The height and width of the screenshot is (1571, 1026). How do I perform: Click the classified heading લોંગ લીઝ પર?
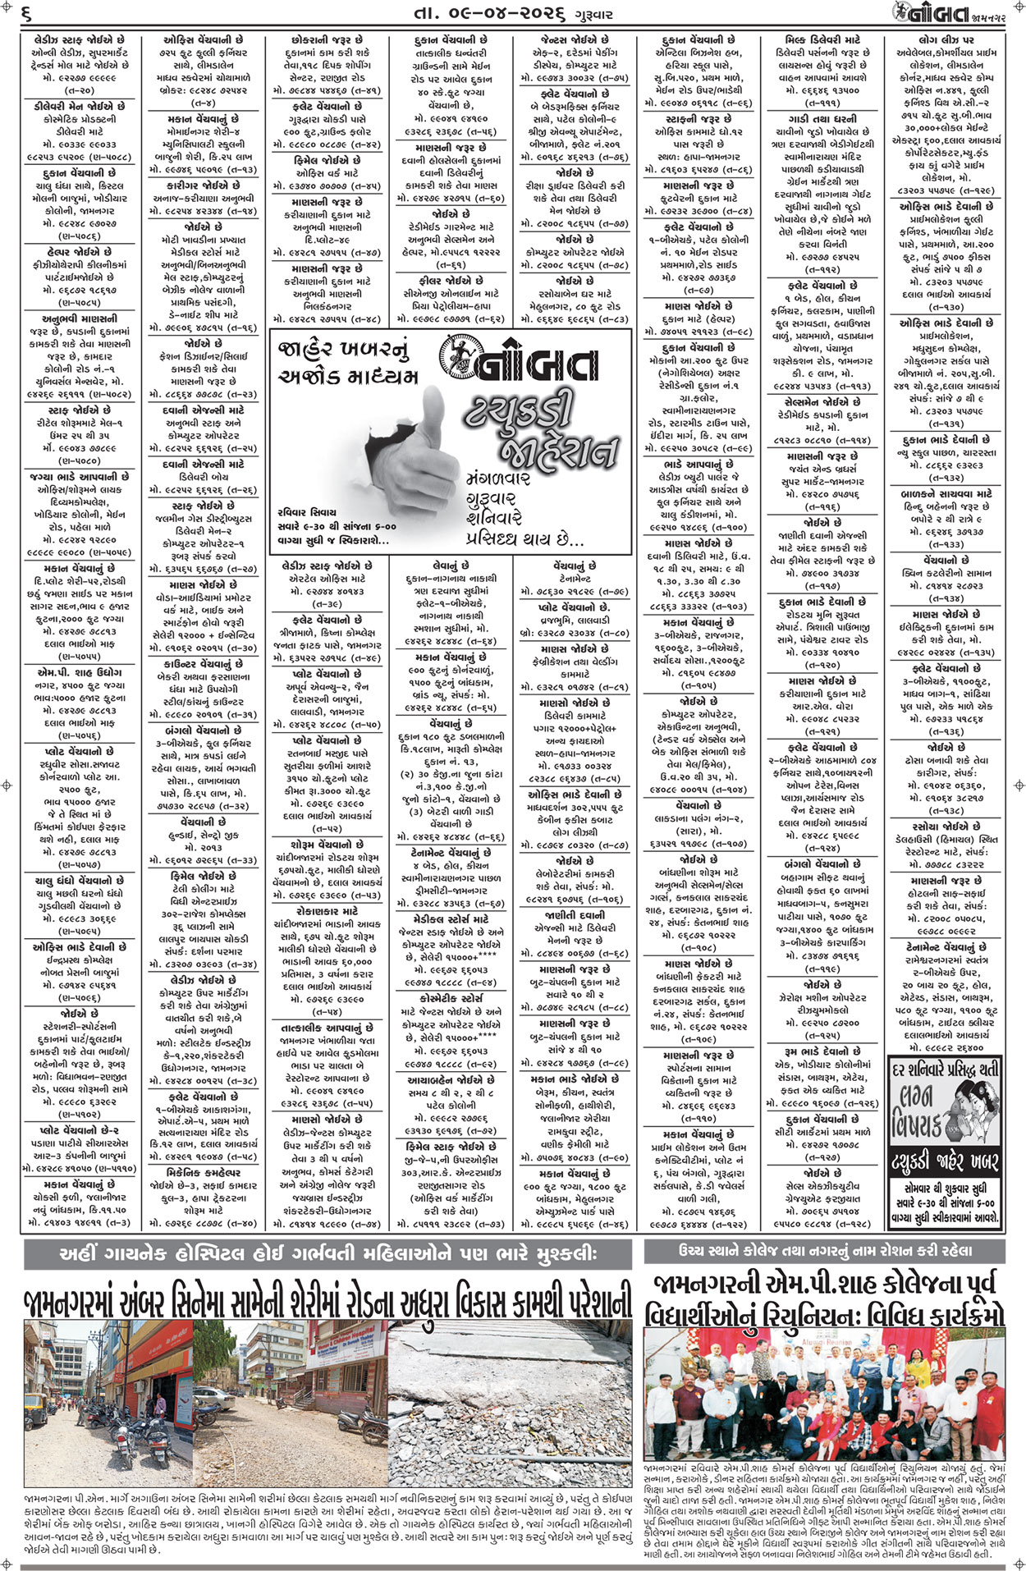click(946, 39)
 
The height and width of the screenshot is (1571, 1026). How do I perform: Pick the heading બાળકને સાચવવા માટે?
click(946, 494)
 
